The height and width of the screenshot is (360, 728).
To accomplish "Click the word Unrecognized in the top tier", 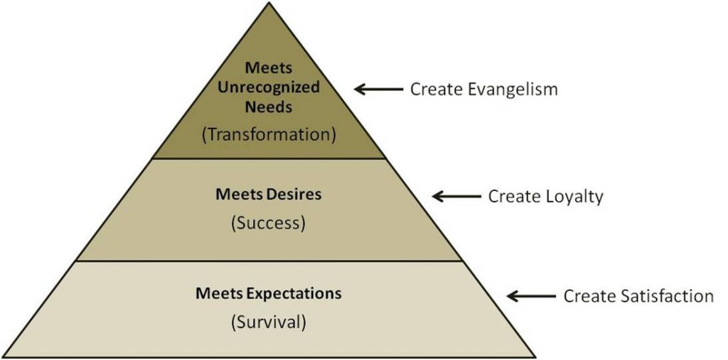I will [x=268, y=87].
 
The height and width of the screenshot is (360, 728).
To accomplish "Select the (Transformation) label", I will [x=268, y=133].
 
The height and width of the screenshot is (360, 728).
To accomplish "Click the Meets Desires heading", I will [x=268, y=194].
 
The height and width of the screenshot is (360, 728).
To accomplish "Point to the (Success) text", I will [x=268, y=222].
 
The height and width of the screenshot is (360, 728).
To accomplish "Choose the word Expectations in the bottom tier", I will [x=298, y=293].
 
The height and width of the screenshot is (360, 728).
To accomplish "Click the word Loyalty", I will [x=575, y=196].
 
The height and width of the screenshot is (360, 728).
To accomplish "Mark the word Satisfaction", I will [x=667, y=295].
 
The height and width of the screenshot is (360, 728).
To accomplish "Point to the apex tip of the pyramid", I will [x=269, y=4].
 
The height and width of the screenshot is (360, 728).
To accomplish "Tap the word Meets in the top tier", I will [x=268, y=68].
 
